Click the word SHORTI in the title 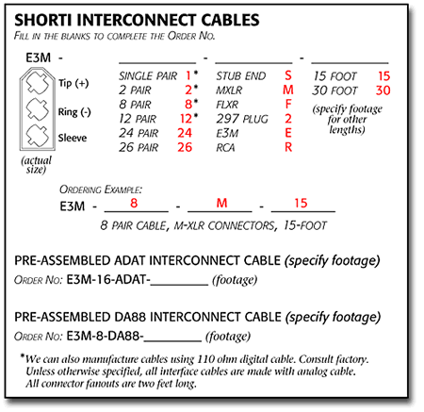43,20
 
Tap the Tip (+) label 73,83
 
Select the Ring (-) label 74,112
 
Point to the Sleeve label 73,138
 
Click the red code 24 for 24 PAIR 185,133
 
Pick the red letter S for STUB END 288,75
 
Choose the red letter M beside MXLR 288,91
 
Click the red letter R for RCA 288,147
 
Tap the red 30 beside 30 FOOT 383,91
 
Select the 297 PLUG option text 242,119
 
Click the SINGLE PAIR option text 148,76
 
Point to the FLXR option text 227,105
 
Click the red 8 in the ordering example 134,203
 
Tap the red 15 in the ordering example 301,203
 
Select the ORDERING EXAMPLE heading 101,190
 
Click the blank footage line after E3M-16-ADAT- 179,285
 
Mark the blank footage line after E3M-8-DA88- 172,341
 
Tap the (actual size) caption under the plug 36,165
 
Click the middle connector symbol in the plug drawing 38,109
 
